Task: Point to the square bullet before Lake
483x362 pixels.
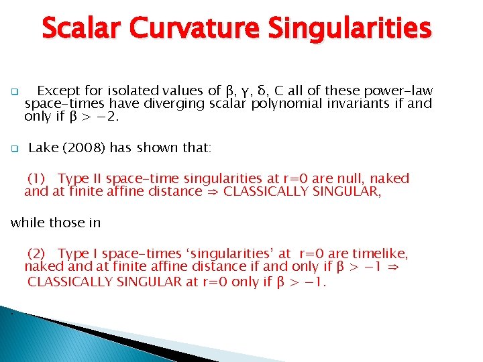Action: coord(13,149)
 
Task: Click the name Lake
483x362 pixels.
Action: coord(44,147)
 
